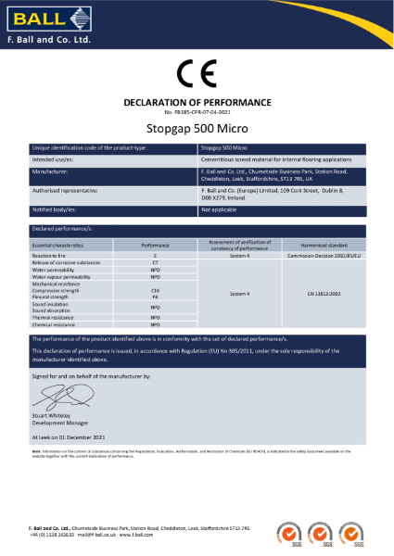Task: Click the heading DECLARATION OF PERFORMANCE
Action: coord(197,101)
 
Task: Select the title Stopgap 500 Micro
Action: coord(197,129)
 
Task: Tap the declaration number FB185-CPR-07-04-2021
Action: coord(197,111)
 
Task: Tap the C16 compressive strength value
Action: coord(155,290)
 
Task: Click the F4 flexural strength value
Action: coord(155,296)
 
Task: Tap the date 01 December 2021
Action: coord(87,435)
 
